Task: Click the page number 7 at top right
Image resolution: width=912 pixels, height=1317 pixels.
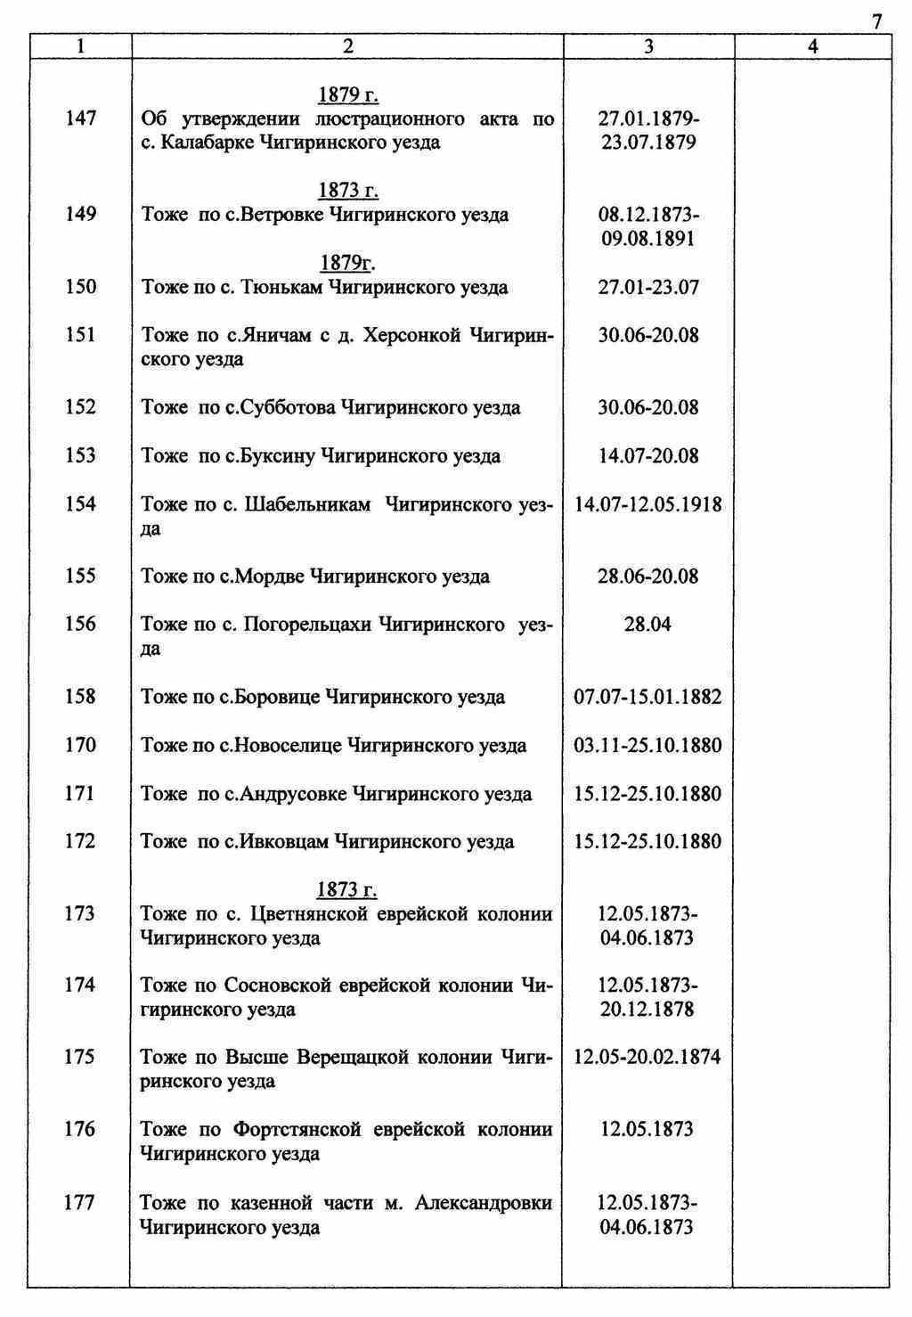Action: coord(877,22)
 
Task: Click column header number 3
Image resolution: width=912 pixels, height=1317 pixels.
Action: coord(648,47)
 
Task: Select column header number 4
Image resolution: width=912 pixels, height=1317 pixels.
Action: coord(812,47)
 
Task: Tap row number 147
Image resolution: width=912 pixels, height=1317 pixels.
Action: coord(81,119)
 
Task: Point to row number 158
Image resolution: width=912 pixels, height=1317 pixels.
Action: coord(80,697)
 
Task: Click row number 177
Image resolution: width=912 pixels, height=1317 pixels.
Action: coord(79,1203)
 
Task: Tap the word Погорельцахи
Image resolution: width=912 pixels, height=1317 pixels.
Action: coord(307,625)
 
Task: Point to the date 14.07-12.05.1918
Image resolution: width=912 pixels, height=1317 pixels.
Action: coord(648,504)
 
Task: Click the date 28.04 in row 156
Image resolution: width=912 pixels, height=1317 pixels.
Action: coord(647,625)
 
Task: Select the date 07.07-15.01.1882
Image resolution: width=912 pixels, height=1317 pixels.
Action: coord(648,697)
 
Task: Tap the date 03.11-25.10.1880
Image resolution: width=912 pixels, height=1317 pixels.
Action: coord(648,745)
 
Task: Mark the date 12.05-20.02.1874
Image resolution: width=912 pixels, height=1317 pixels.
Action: coord(647,1058)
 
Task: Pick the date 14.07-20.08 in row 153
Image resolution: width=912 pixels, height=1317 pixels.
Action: coord(648,456)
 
